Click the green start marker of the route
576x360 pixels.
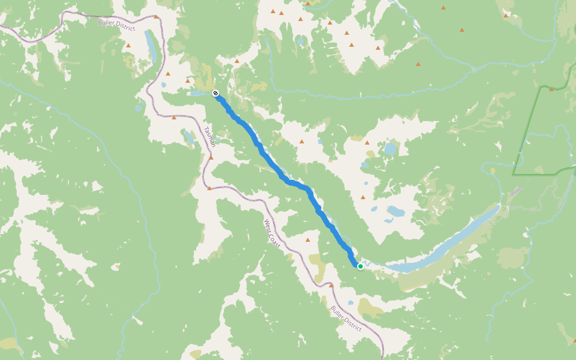click(360, 266)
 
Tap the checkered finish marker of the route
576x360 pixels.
click(215, 93)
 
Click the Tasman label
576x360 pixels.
click(209, 136)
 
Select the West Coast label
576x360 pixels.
click(272, 234)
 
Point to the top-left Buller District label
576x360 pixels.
click(116, 25)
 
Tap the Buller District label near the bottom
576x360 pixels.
click(346, 319)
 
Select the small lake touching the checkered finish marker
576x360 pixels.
click(199, 93)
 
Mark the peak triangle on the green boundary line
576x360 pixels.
click(551, 89)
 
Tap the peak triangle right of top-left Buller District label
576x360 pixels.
click(156, 17)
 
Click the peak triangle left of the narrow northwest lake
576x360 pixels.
click(128, 45)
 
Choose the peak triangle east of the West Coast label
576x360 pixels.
click(308, 239)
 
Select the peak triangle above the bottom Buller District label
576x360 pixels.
click(331, 285)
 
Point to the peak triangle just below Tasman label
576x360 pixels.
click(211, 158)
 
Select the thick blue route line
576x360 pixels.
click(282, 175)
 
